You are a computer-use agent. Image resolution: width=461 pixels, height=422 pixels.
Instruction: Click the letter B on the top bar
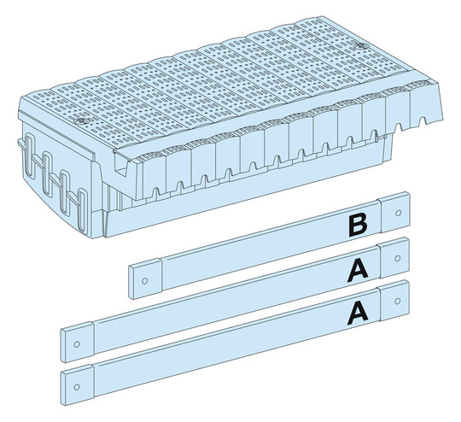358,226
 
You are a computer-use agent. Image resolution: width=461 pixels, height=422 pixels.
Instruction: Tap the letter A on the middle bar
357,270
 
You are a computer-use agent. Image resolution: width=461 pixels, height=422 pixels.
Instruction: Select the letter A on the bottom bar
357,314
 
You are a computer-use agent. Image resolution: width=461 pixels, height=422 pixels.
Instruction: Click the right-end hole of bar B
399,213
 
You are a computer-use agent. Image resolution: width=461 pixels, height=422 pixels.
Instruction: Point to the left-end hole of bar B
144,281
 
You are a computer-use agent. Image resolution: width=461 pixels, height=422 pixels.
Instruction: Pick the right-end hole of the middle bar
397,258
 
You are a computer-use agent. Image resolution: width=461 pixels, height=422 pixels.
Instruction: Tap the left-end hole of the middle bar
77,344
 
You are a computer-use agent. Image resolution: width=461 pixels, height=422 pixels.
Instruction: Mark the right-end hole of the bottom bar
398,301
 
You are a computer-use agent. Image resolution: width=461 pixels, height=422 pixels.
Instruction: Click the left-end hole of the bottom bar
77,387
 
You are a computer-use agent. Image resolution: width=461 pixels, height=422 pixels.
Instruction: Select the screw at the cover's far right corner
360,46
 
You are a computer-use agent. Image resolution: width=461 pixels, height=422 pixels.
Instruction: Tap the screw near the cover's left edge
79,121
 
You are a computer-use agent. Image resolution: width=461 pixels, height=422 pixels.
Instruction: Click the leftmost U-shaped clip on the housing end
30,156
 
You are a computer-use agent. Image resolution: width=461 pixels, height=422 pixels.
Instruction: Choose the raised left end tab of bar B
145,278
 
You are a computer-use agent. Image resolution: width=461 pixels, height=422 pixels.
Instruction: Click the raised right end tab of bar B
394,212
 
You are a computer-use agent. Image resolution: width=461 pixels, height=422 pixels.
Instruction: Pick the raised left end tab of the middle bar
78,343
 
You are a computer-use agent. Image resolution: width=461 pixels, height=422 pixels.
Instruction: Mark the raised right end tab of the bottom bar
394,301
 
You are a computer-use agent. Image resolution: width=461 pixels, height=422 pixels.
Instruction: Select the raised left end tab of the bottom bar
78,385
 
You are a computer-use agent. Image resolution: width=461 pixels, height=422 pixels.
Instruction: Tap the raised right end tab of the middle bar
394,257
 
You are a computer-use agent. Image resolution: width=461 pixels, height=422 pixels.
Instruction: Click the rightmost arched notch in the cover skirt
423,121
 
